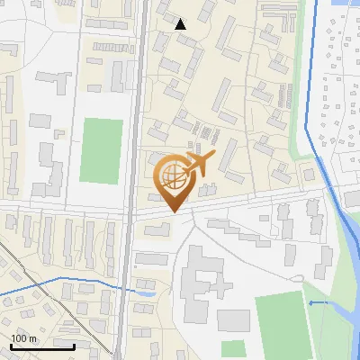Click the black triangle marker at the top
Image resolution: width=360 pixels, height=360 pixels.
tap(181, 24)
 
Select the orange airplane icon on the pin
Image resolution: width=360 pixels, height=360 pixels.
tap(198, 165)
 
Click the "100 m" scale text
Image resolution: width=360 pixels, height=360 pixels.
tap(23, 337)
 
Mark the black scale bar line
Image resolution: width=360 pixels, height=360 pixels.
tap(42, 346)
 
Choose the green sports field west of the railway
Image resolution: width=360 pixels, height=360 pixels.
tap(101, 150)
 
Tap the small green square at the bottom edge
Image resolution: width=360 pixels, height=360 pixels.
tap(234, 349)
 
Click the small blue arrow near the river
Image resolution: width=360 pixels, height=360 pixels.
tap(312, 303)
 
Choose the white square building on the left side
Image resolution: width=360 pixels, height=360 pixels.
tap(40, 120)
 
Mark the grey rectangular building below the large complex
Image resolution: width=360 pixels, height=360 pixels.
tap(233, 319)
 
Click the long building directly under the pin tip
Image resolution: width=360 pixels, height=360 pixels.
tap(157, 226)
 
